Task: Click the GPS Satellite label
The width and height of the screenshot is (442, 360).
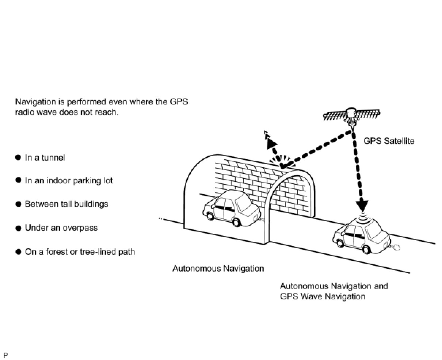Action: pyautogui.click(x=389, y=141)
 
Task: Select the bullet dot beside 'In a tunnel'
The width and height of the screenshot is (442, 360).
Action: pyautogui.click(x=19, y=157)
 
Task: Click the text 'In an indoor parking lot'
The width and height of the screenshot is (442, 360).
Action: pyautogui.click(x=69, y=181)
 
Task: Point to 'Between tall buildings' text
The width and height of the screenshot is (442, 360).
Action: pyautogui.click(x=66, y=204)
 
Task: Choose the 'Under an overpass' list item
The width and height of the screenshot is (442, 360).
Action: pyautogui.click(x=61, y=228)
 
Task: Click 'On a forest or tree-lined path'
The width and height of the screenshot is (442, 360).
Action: pyautogui.click(x=80, y=252)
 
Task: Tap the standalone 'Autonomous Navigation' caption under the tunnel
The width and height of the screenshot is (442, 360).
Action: pyautogui.click(x=218, y=269)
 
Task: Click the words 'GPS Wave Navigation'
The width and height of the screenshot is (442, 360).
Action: pyautogui.click(x=323, y=296)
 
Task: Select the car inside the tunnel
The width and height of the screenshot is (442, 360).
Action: pyautogui.click(x=231, y=208)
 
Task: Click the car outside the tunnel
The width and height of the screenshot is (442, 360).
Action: pyautogui.click(x=361, y=236)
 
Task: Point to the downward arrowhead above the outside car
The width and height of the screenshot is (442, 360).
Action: pyautogui.click(x=362, y=206)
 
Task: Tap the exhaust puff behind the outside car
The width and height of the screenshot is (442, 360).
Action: pyautogui.click(x=396, y=248)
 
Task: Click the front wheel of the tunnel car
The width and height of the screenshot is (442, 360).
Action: pyautogui.click(x=210, y=215)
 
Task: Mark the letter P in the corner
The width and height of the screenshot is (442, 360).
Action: pyautogui.click(x=5, y=355)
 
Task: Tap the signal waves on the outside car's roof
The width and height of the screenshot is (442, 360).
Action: pyautogui.click(x=363, y=218)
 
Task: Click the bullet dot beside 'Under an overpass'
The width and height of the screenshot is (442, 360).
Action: pyautogui.click(x=19, y=228)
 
